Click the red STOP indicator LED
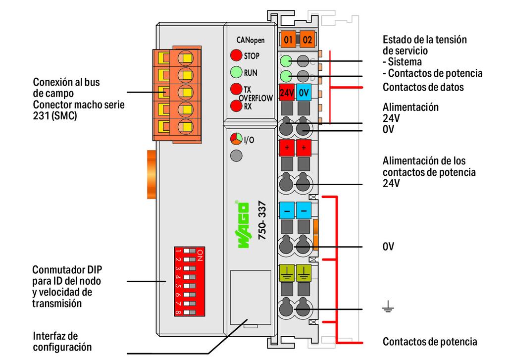pos(236,55)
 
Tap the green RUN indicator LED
pos(236,72)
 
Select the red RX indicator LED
pos(236,106)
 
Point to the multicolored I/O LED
pos(236,139)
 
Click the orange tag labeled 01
pos(288,40)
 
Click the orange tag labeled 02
pos(307,40)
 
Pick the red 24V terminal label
pos(287,93)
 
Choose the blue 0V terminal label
pos(304,93)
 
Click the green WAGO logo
pos(243,225)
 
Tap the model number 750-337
pos(262,220)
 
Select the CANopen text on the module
pos(251,40)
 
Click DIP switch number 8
pos(190,312)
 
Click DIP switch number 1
pos(190,251)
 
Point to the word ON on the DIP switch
pos(200,255)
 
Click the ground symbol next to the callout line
pos(388,306)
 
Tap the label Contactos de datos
pos(423,87)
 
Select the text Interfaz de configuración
pos(62,342)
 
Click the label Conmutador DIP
pos(67,269)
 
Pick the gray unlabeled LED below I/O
pos(236,155)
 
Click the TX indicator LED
pos(236,89)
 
